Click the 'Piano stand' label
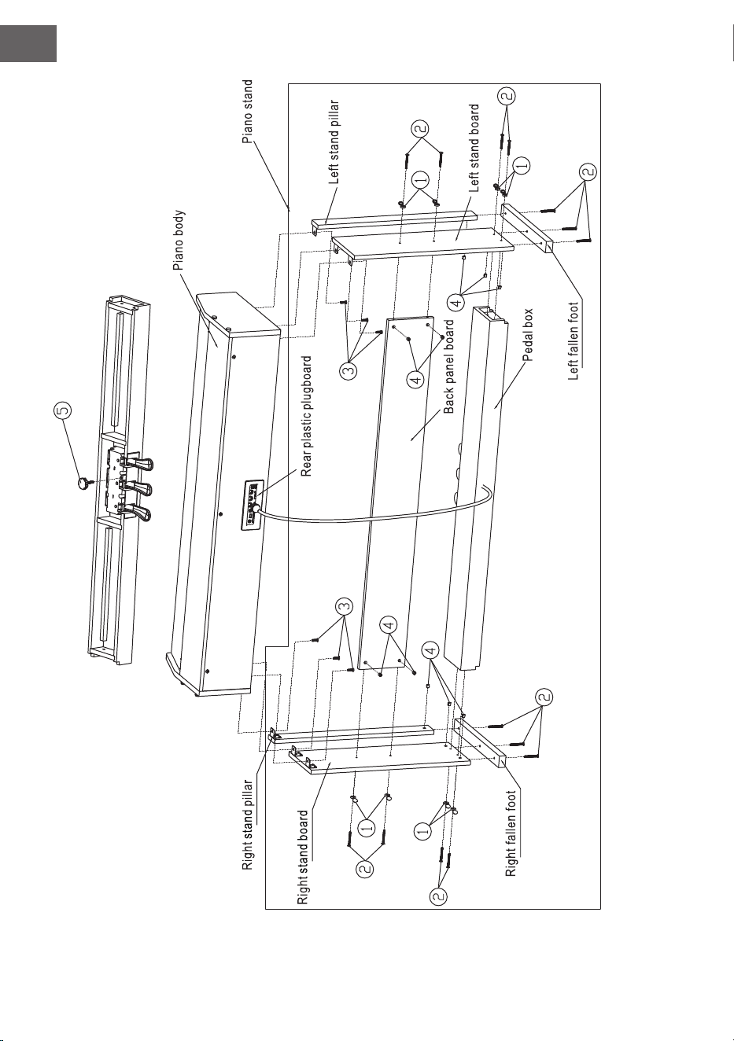pos(248,112)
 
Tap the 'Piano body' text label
pos(179,241)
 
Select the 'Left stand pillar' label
pos(334,142)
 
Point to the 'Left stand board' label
pos(474,148)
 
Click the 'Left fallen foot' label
pos(574,341)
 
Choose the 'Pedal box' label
pos(527,335)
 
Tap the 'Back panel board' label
pos(449,366)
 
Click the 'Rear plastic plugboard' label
pos(306,417)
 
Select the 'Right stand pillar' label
pos(248,825)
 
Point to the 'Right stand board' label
pos(302,858)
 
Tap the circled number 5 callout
pos(64,410)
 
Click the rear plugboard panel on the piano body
pos(251,505)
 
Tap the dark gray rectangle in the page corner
pos(28,44)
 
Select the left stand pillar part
pos(394,223)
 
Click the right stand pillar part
pos(352,734)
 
